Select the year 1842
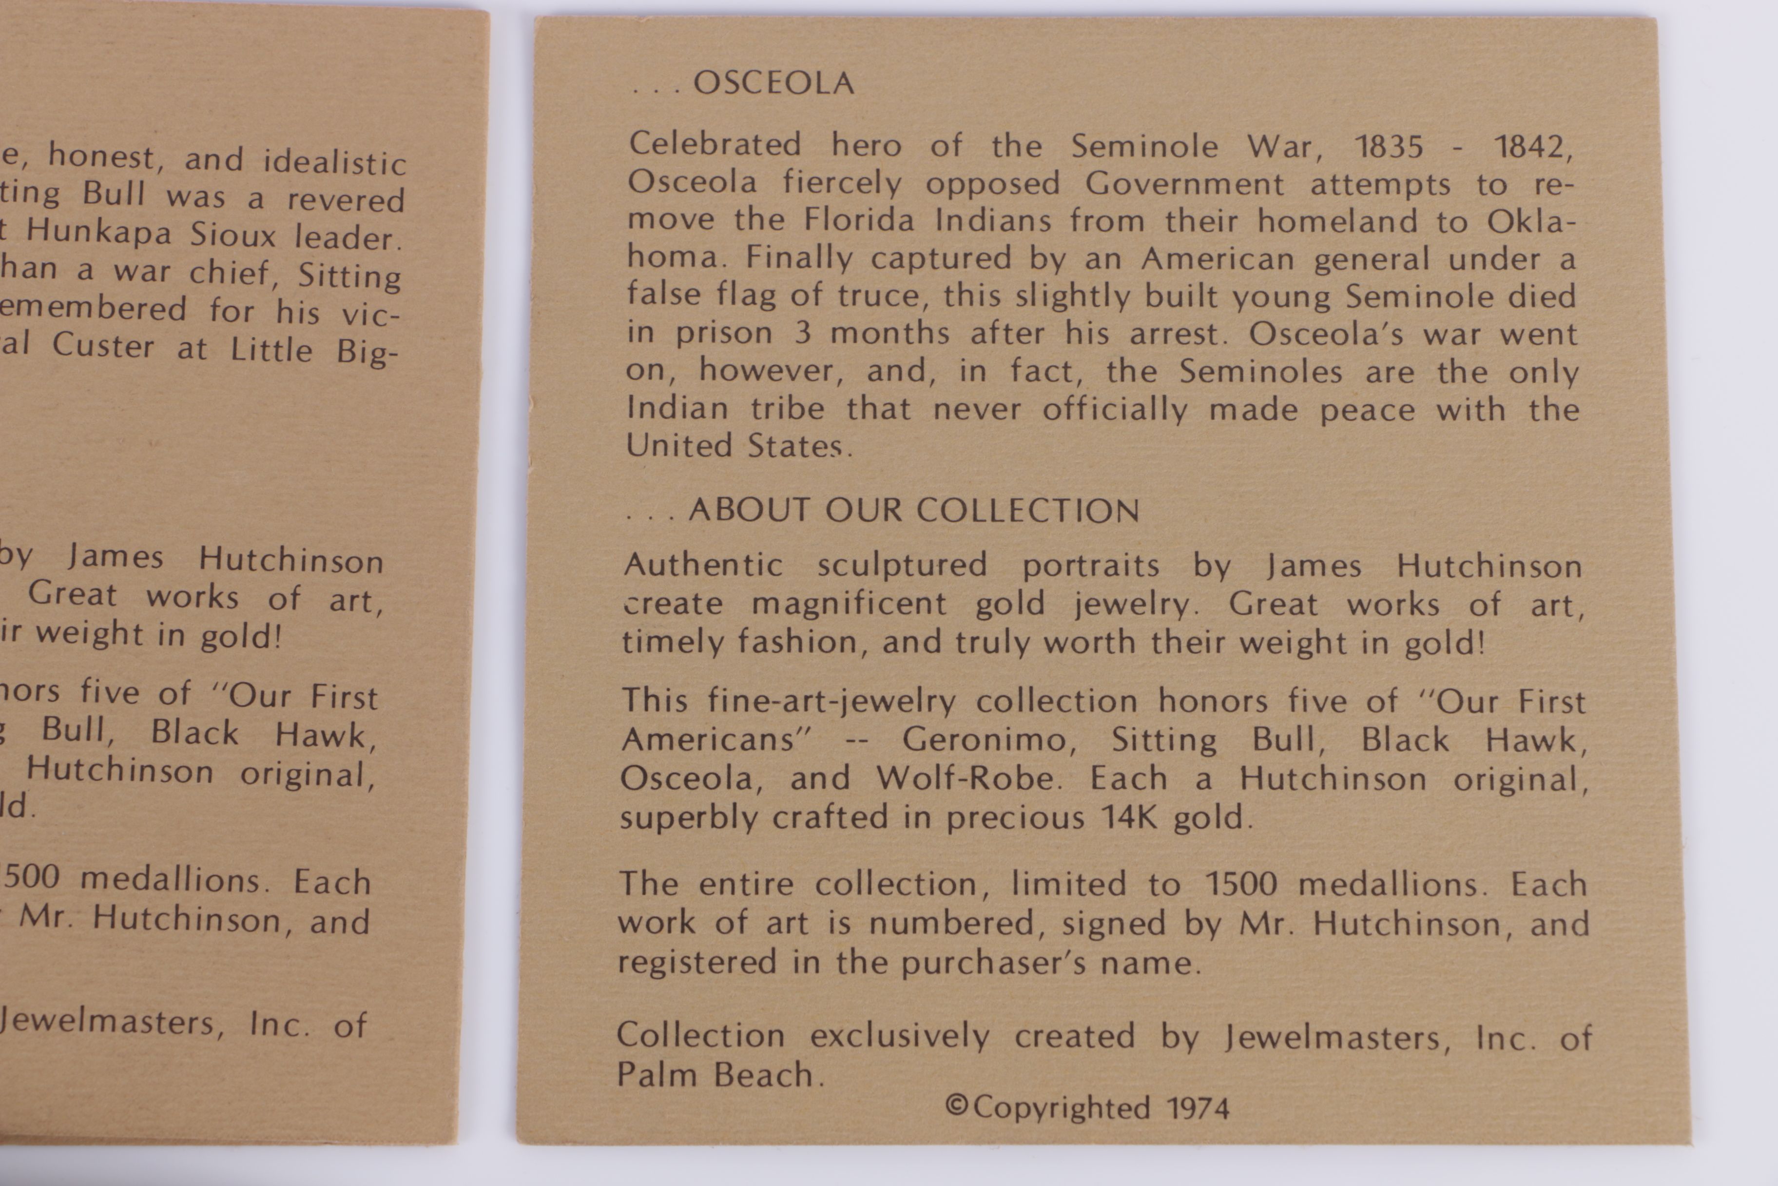coord(1533,147)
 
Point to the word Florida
coord(859,220)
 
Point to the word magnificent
coord(848,604)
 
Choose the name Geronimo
coord(989,739)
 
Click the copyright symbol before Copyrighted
coord(956,1106)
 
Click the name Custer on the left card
coord(103,346)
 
